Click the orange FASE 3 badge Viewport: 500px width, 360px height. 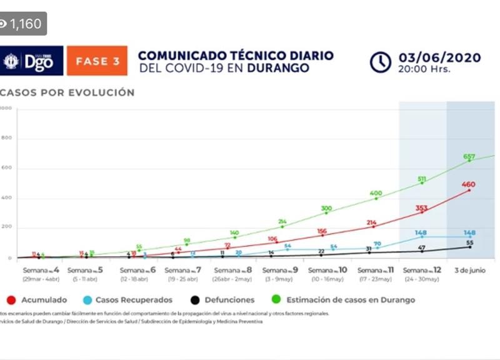point(97,61)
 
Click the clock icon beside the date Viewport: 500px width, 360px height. point(380,62)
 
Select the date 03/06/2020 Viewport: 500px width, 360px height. point(440,57)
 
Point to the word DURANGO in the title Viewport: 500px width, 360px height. point(278,67)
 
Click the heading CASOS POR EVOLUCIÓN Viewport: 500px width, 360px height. point(67,92)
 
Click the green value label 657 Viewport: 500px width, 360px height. point(470,156)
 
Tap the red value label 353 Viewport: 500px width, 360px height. point(422,208)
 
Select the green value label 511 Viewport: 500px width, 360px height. point(422,179)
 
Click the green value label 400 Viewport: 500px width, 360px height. point(376,194)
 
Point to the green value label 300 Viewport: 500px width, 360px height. point(326,208)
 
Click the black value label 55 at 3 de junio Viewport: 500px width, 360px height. point(470,242)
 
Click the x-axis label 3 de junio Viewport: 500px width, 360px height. point(470,270)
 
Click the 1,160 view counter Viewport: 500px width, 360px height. point(22,24)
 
